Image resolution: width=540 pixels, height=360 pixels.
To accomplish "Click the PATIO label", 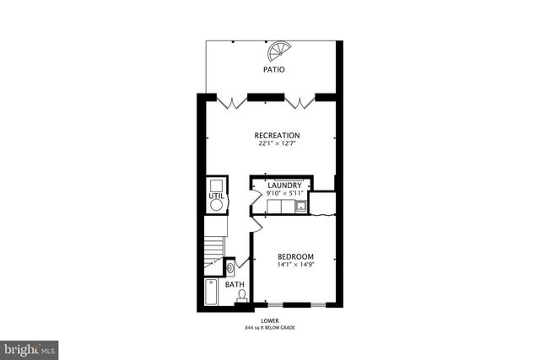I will pos(273,70).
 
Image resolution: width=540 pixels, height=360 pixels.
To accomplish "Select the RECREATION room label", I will pos(277,136).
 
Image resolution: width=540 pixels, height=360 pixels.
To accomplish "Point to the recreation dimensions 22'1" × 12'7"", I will pos(277,144).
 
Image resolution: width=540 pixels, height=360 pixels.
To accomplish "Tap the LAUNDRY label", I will pos(283,185).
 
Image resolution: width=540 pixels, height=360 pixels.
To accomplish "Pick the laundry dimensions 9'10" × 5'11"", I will pos(283,194).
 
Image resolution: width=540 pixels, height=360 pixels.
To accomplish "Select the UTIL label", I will pos(215,196).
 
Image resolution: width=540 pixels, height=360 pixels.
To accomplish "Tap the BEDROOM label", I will pos(295,257).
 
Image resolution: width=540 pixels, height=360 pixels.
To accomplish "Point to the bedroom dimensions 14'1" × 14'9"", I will pos(295,266).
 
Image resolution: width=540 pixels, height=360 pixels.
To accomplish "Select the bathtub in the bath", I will pos(211,294).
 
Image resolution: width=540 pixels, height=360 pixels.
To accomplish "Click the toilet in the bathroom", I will pos(241,296).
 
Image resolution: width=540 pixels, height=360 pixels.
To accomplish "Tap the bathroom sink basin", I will pos(230,268).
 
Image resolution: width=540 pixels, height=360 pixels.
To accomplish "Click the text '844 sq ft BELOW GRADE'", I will pos(271,327).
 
